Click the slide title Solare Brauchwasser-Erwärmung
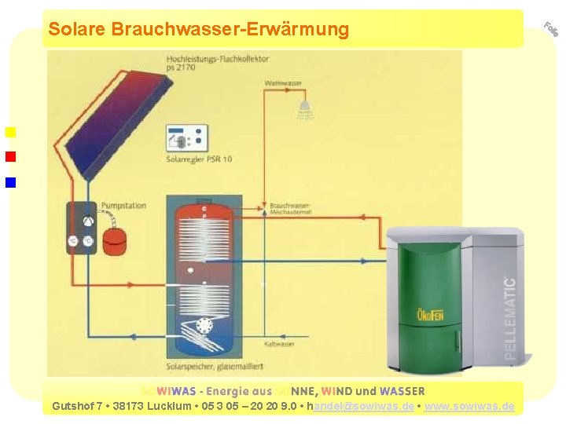pos(198,29)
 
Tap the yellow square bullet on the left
pos(10,131)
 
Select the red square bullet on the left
pos(10,156)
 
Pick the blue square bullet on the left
pos(10,183)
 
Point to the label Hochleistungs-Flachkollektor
pos(218,59)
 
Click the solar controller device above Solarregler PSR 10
pos(187,138)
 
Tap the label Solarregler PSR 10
pos(199,159)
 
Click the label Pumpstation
pos(123,206)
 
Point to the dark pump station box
pos(81,228)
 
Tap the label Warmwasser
pos(283,82)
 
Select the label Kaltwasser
pos(279,344)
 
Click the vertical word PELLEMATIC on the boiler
pos(510,318)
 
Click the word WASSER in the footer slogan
pos(402,391)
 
